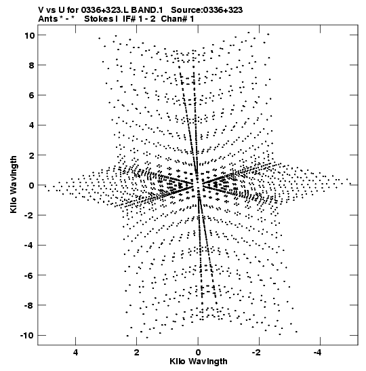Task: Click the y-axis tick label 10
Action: tap(29, 35)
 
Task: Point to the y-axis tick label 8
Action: tap(31, 65)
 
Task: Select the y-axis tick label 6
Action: tap(31, 96)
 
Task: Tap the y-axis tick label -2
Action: tap(29, 216)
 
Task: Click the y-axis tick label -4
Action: tap(29, 246)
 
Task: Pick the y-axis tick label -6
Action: tap(29, 275)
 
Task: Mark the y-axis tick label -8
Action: tap(29, 306)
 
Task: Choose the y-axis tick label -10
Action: tap(27, 336)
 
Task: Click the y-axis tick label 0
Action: tap(31, 186)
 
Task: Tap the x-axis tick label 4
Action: tap(75, 353)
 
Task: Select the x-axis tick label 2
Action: tap(137, 353)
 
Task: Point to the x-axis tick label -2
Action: tap(256, 353)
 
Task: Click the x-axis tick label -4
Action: tap(318, 353)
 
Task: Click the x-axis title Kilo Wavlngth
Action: tap(199, 362)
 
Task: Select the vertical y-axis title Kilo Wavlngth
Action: tap(14, 184)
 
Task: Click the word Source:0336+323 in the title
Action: tap(207, 10)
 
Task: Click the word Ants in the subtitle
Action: tap(47, 19)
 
